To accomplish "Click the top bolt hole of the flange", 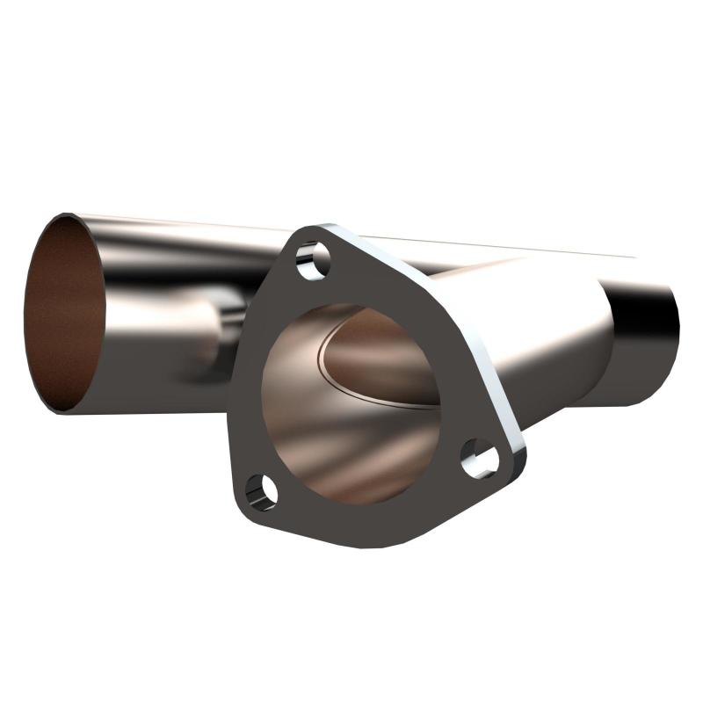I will click(x=313, y=260).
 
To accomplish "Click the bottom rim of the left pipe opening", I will click(x=62, y=410).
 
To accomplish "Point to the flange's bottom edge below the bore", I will click(x=369, y=531).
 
